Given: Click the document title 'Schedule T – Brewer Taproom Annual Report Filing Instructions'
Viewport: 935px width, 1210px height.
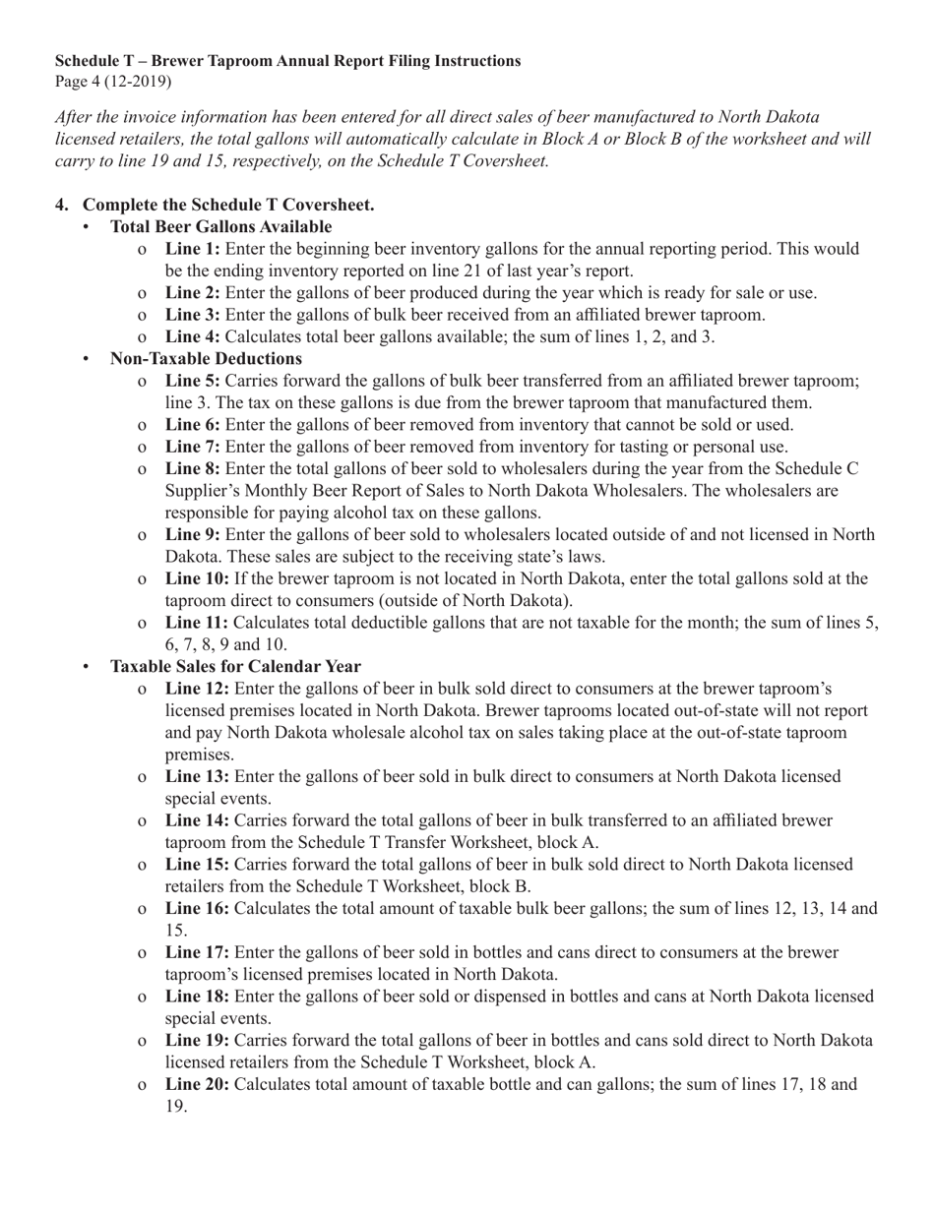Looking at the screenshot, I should [287, 61].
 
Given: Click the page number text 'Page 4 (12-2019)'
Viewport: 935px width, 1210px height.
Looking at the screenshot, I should [113, 81].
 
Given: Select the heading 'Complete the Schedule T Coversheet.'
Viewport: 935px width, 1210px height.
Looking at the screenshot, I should [227, 206].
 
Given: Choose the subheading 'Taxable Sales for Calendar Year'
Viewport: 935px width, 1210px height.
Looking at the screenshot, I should [235, 667].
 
